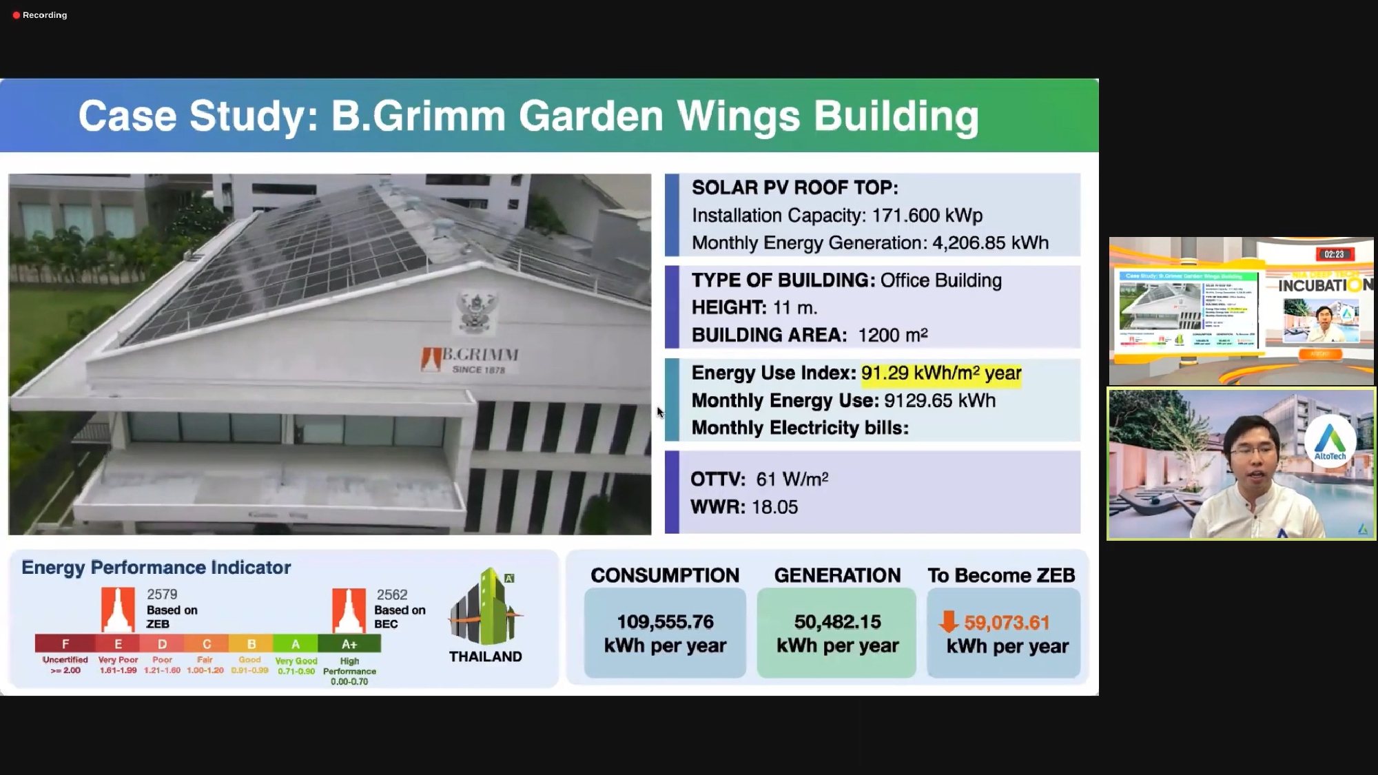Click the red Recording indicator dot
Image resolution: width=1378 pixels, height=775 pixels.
coord(17,15)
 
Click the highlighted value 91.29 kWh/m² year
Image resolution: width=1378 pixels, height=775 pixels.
coord(940,373)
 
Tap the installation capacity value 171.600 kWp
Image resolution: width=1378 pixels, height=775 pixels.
coord(927,216)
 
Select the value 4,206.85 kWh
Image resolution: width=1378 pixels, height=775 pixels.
coord(990,243)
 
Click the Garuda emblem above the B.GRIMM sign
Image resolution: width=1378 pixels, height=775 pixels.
coord(477,311)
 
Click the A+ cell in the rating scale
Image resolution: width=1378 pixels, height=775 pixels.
coord(349,644)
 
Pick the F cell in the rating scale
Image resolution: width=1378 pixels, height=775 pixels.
coord(65,644)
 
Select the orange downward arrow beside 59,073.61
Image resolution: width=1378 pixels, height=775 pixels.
coord(949,621)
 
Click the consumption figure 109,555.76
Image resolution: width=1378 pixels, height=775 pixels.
coord(665,622)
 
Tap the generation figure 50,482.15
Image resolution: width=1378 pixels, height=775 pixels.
coord(837,622)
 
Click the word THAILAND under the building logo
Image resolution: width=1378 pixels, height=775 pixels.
coord(485,657)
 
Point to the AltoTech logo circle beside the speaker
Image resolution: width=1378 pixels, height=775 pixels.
coord(1330,442)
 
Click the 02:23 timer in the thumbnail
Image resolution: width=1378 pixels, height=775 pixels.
coord(1333,254)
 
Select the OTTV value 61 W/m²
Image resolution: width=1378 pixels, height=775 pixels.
coord(792,479)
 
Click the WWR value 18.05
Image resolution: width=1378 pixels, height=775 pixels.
coord(774,507)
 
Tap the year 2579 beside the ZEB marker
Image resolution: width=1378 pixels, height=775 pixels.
coord(162,595)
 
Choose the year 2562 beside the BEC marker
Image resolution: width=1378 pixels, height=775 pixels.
coord(392,595)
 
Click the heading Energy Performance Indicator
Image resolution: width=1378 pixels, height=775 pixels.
coord(156,568)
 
